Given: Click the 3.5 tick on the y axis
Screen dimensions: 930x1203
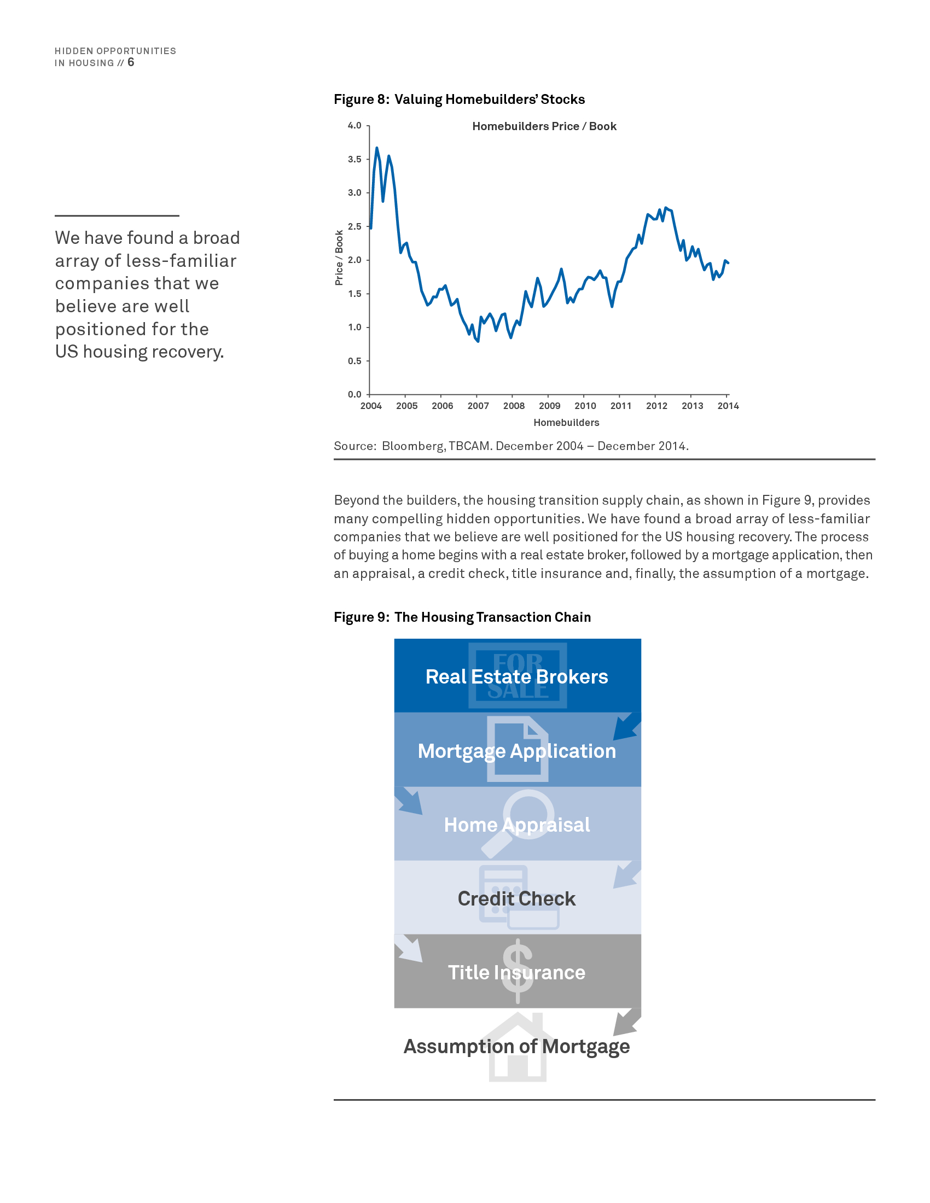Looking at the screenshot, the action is (354, 159).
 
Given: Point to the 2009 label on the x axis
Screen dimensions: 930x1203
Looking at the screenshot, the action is (549, 406).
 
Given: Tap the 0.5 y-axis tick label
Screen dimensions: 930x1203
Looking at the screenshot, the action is (354, 361).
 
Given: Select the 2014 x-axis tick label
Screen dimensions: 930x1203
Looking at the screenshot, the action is (728, 406).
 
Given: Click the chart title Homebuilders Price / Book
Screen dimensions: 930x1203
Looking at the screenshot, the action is (544, 126).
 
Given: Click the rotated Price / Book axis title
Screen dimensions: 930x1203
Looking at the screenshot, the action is (339, 258).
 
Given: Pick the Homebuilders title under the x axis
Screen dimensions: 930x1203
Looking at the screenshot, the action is (566, 423).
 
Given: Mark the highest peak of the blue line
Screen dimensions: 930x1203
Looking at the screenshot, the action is (377, 148).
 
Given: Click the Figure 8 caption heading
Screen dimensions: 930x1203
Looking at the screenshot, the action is (459, 99).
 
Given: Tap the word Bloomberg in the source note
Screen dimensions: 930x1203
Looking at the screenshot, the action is (412, 446).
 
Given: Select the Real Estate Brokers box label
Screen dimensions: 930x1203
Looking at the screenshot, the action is (517, 676).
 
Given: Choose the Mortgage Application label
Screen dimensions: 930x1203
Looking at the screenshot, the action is (517, 751).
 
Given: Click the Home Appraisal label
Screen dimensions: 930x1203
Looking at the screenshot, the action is (517, 825).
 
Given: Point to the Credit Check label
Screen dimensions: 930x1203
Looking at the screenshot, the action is (517, 898).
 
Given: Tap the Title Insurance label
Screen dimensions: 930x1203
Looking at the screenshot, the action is (517, 972).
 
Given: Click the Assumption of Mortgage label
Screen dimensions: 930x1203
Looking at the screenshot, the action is (517, 1047).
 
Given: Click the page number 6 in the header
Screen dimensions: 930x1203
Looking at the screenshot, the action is (131, 62).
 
